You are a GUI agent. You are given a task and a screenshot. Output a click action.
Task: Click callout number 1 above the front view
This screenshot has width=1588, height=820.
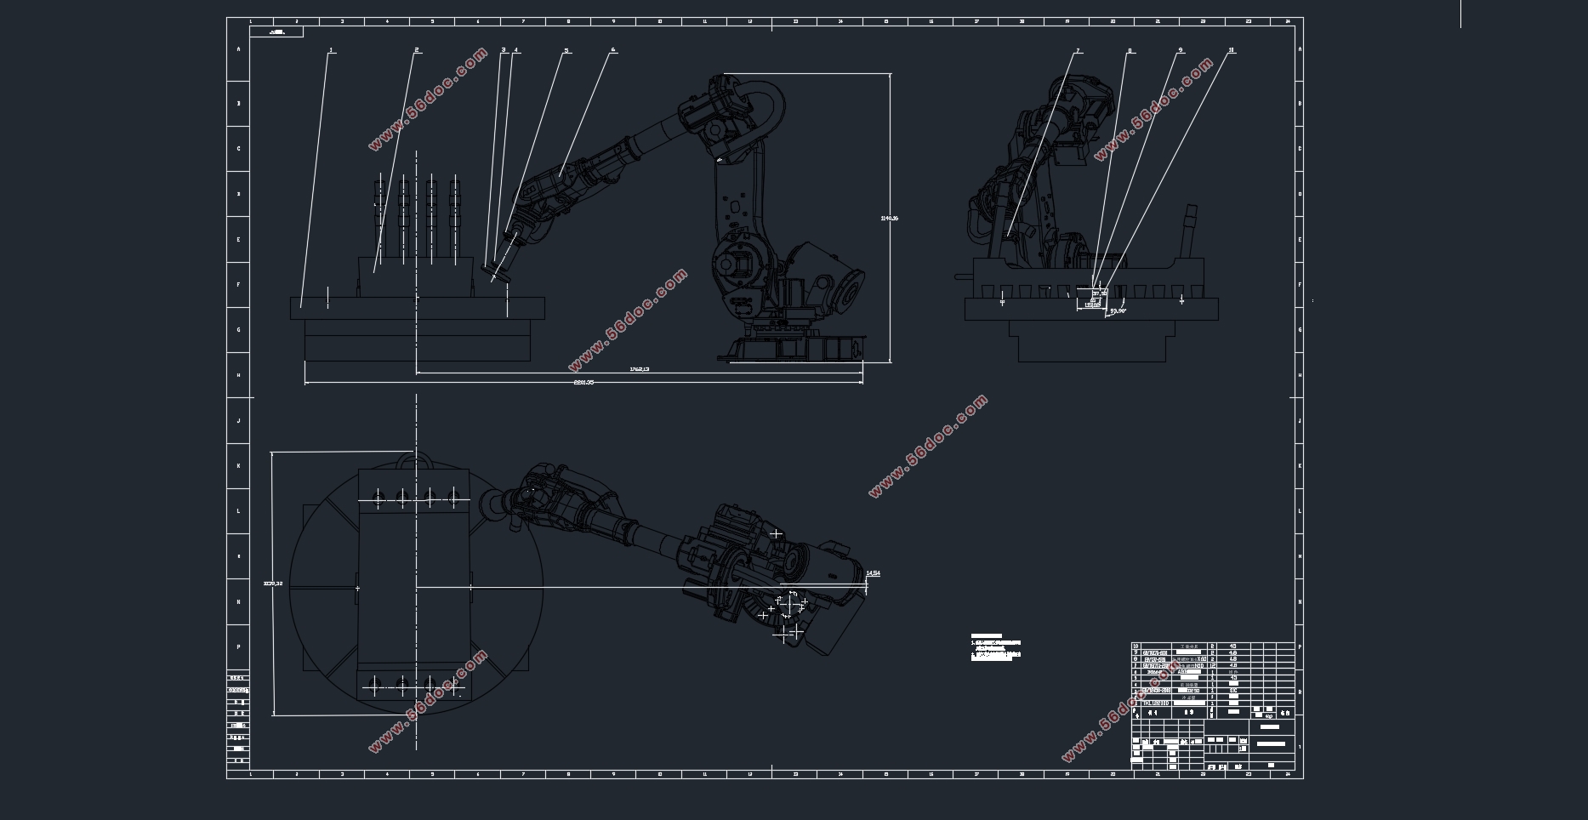coord(331,50)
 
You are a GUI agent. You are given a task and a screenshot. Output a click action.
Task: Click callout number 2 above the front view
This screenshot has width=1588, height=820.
coord(417,50)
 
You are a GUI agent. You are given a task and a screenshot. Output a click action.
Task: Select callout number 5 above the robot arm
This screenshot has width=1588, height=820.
coord(566,50)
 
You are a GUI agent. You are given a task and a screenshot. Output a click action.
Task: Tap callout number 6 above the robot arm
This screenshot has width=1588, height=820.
coord(612,50)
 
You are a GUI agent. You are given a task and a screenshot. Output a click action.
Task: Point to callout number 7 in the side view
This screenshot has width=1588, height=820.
coord(1078,51)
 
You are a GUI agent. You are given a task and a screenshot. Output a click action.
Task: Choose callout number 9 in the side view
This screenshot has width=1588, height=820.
coord(1181,50)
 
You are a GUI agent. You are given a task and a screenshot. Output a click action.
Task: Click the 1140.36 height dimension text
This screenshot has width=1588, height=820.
coord(889,219)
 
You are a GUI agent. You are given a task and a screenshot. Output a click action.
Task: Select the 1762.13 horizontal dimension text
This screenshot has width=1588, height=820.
coord(639,369)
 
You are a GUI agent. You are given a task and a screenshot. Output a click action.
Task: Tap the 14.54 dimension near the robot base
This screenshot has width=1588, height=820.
coord(873,573)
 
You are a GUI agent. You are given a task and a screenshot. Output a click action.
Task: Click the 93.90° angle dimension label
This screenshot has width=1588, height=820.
coord(1118,311)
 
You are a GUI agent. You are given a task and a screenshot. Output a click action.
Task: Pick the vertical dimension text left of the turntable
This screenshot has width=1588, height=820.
coord(272,584)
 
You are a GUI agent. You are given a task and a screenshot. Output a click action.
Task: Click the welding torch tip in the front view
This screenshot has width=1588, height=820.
coord(494,275)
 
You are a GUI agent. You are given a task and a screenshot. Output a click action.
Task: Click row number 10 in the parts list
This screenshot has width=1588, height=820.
coord(1136,646)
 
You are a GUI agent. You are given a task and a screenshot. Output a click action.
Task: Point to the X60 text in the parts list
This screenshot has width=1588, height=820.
coord(1200,659)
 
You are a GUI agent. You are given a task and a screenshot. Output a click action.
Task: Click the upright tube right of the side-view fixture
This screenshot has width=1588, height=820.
coord(1190,230)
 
